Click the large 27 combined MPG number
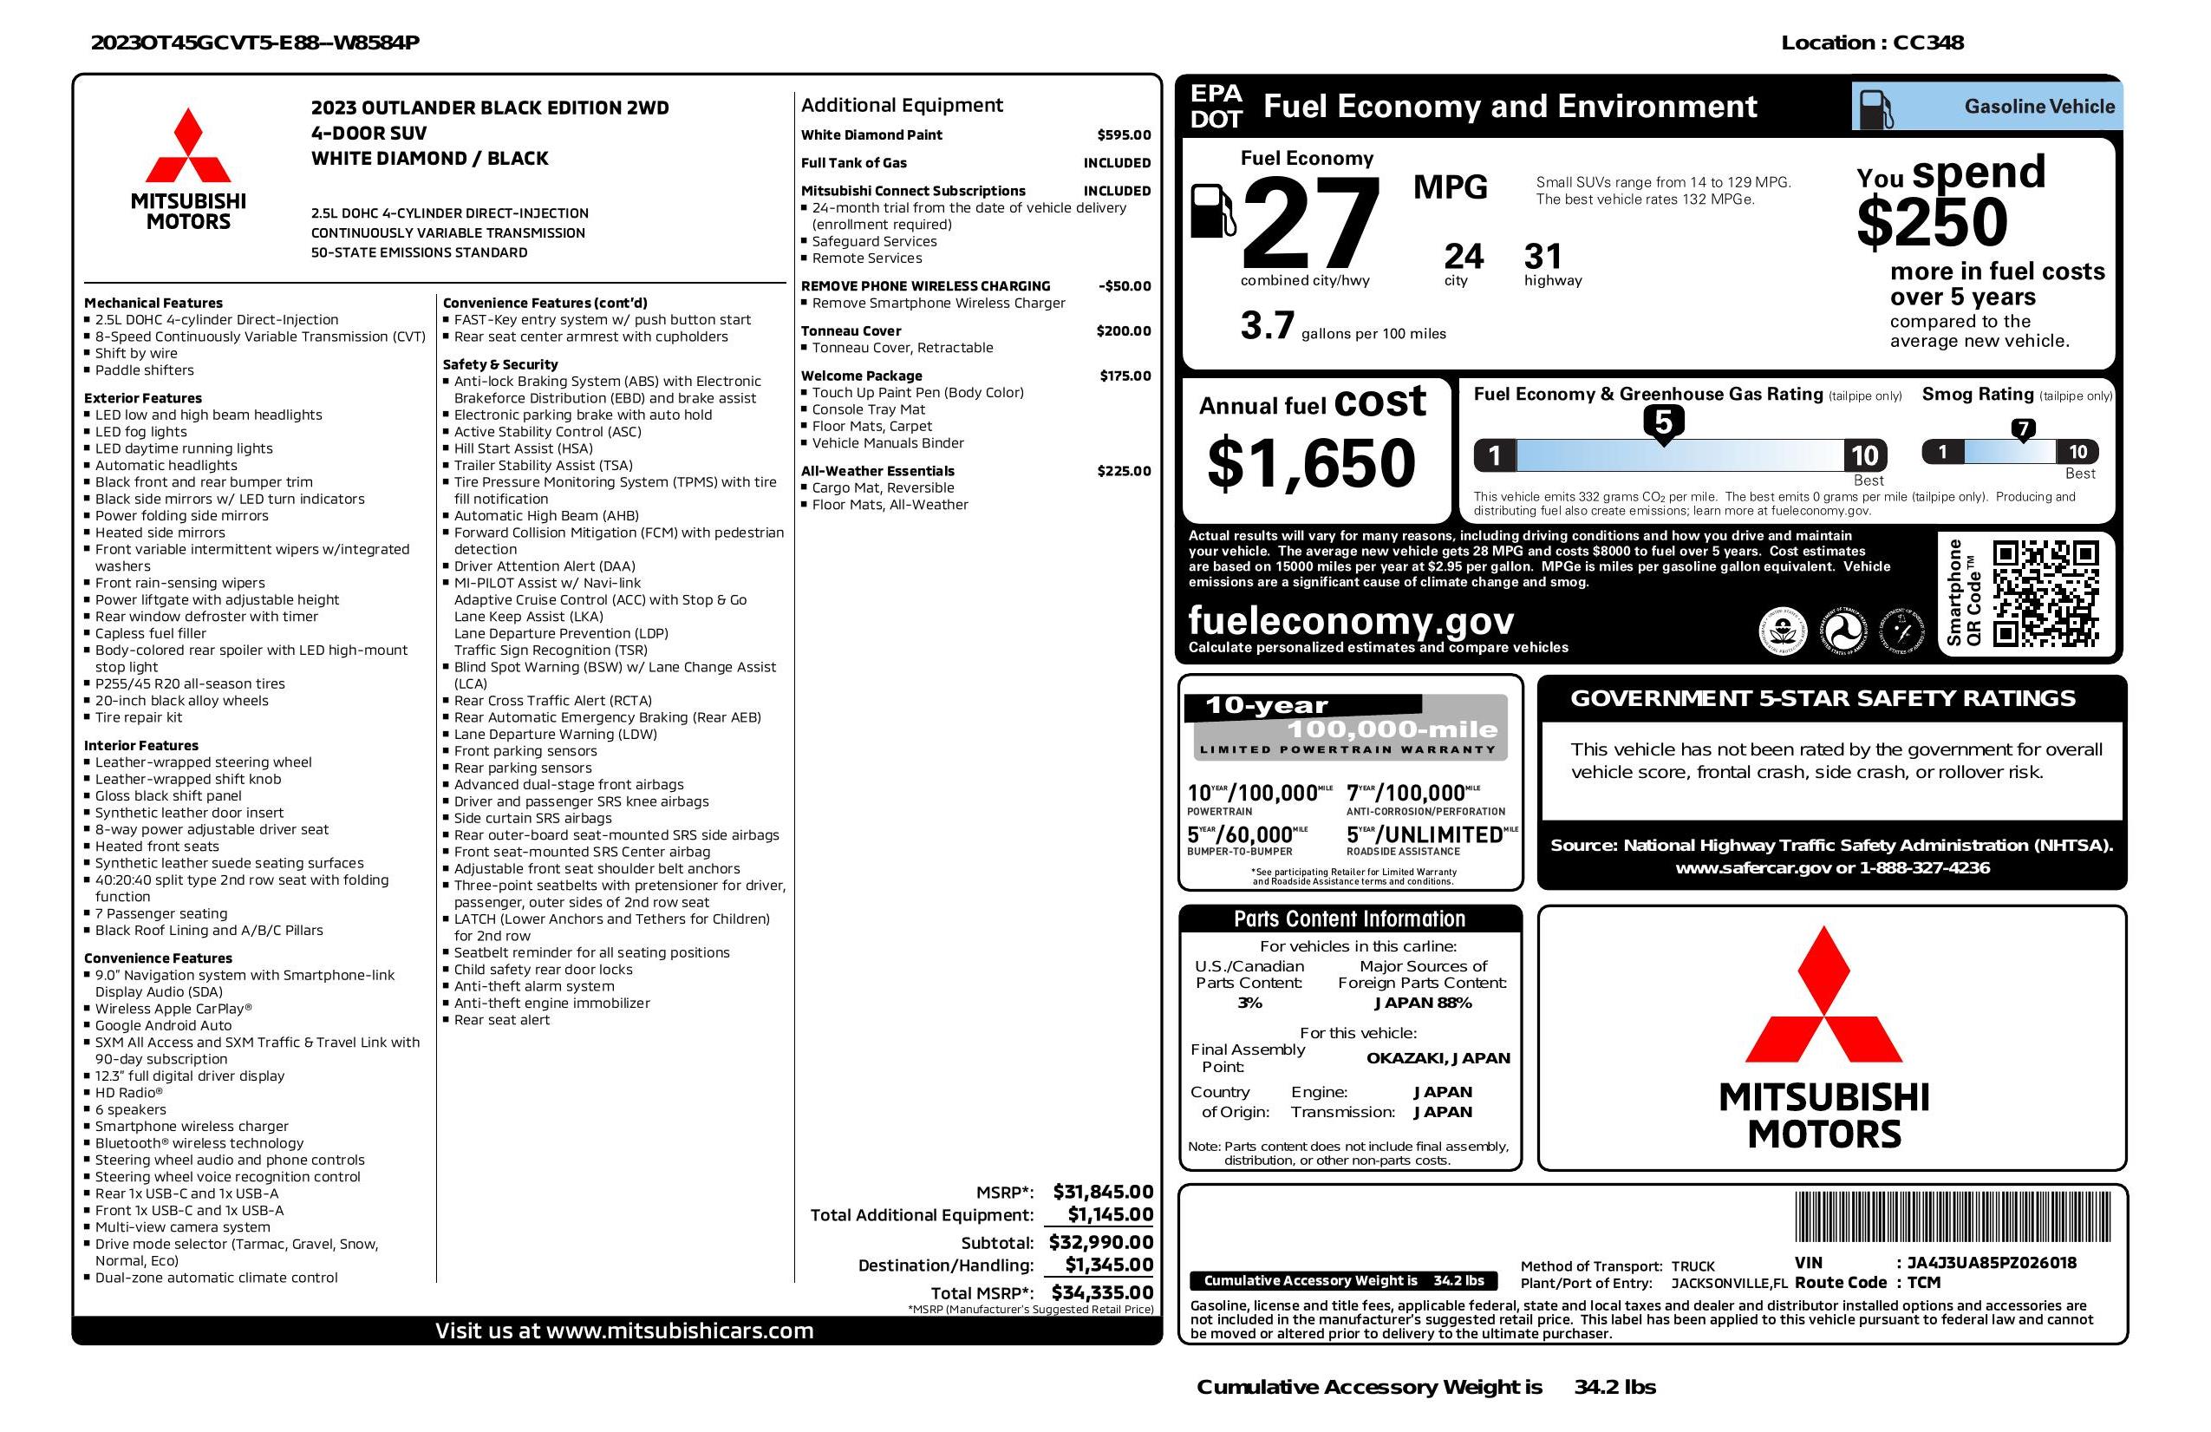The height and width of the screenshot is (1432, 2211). tap(1310, 225)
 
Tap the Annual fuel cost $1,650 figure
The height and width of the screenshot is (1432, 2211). tap(1311, 463)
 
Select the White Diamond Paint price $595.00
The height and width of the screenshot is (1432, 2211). tap(1123, 134)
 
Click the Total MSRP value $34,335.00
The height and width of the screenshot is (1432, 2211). tap(1102, 1291)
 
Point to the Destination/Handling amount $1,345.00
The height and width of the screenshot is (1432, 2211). tap(1108, 1265)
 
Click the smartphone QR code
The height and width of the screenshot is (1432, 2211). tap(2045, 594)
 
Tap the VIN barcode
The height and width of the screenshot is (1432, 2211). tap(1952, 1218)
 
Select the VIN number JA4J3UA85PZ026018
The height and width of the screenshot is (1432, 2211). tap(1991, 1263)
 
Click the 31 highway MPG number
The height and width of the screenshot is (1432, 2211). tap(1543, 257)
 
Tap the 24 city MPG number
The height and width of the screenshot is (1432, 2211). tap(1464, 257)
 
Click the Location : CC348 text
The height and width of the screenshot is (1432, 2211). tap(1871, 43)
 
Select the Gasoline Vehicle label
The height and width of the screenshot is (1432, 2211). tap(2038, 107)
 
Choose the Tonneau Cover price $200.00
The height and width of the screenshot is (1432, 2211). tap(1123, 330)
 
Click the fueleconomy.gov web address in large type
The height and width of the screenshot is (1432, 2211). tap(1350, 620)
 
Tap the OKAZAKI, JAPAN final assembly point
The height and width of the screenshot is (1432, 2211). tap(1438, 1057)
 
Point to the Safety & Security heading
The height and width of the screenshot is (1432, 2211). tap(499, 364)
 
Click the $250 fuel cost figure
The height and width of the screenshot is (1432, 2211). tap(1932, 223)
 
